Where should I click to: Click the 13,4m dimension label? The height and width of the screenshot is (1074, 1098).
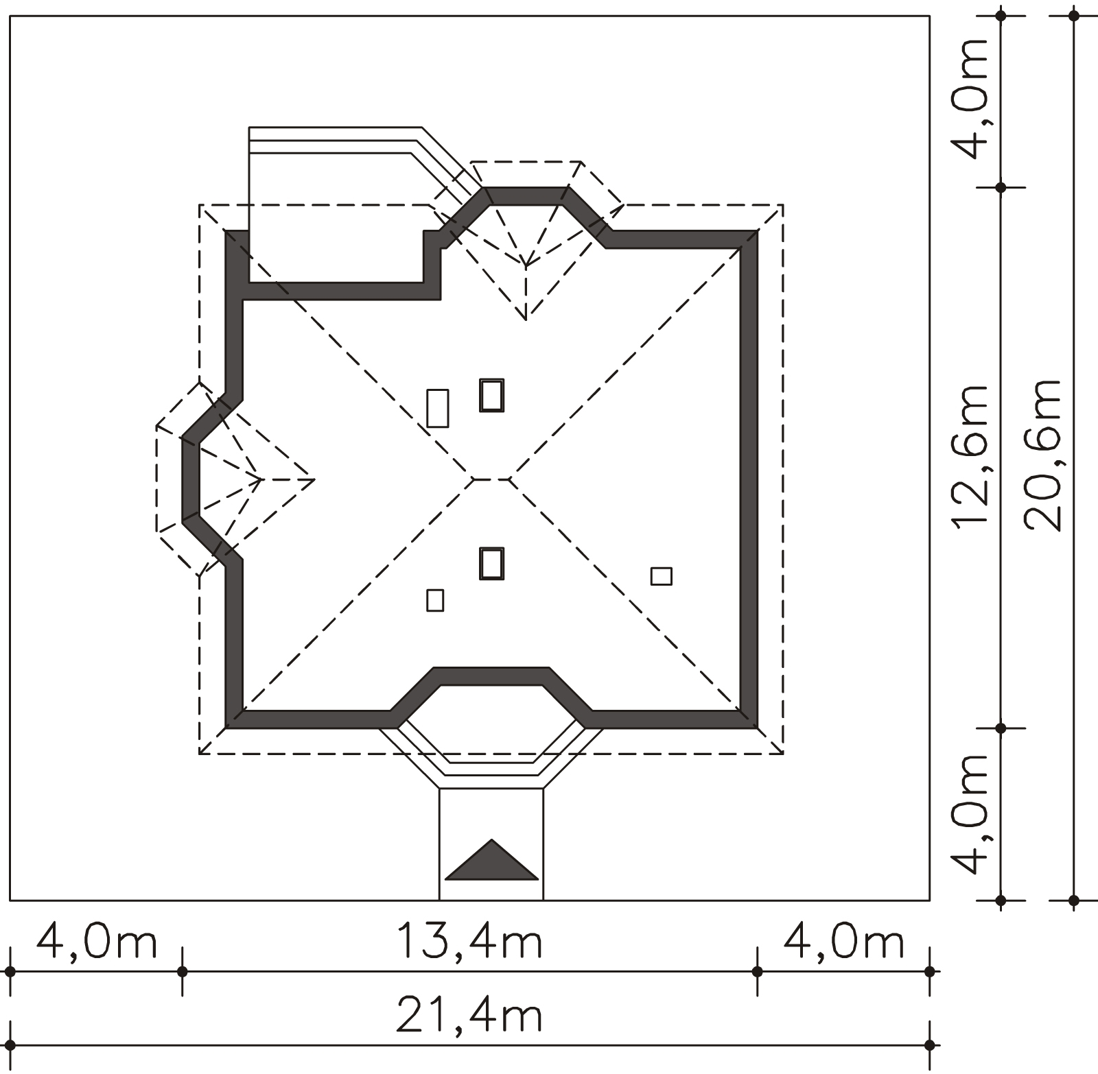click(x=470, y=943)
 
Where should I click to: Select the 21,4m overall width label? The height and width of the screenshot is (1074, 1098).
click(x=470, y=1017)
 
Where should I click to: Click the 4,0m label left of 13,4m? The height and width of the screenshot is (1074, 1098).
click(x=97, y=943)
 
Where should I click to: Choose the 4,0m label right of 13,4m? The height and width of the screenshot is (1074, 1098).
click(x=843, y=943)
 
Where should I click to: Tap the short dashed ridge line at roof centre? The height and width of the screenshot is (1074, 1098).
click(x=491, y=479)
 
